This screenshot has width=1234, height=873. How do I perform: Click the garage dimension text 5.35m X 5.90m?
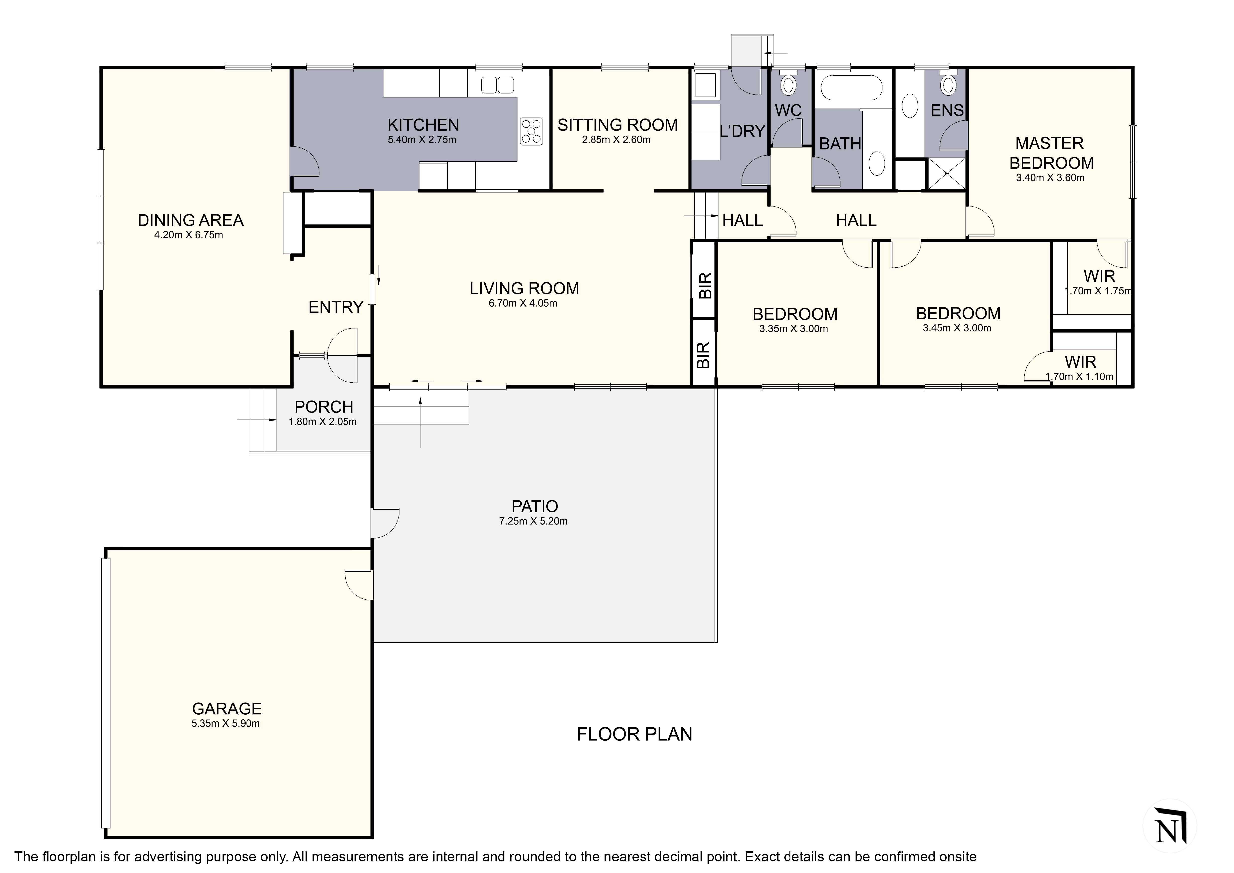[x=226, y=723]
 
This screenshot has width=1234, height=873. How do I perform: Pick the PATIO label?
[x=535, y=506]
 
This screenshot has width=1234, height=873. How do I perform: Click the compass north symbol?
[x=1170, y=826]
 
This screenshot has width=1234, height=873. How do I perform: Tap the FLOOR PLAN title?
[x=634, y=734]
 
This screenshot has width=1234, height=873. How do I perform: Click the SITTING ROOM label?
[x=618, y=125]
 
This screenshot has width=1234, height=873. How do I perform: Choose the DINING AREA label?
[x=191, y=220]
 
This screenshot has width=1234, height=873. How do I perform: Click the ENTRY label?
[x=336, y=308]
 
